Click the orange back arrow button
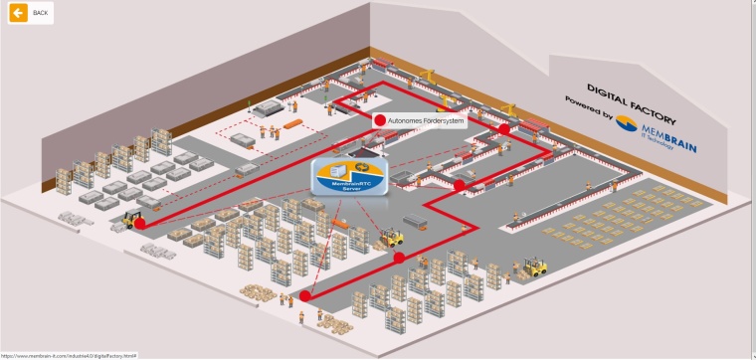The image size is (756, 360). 18,13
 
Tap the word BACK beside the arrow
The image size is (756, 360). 40,13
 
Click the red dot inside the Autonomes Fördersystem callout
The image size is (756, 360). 379,120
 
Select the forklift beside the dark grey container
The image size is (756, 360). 392,237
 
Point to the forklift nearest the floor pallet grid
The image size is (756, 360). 536,267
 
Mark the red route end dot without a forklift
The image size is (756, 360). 305,294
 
